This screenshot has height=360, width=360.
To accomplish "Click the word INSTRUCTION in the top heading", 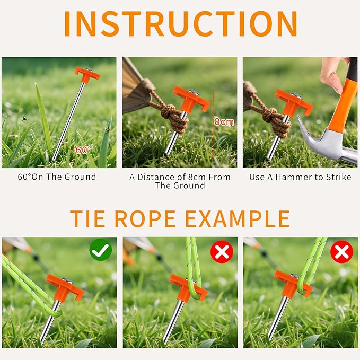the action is coord(180,24).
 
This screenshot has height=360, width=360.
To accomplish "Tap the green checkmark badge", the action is coord(101,250).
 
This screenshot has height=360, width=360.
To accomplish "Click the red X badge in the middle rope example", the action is coord(222,252).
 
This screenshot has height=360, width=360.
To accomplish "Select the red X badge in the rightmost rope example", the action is coord(341,251).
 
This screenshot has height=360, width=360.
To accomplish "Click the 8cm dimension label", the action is coord(224,121).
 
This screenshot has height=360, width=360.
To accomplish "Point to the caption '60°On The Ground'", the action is coord(57,177).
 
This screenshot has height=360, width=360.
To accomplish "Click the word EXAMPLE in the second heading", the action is coord(237,218).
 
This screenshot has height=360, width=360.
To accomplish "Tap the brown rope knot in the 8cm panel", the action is coord(173,118).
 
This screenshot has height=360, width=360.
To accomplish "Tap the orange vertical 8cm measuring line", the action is coord(213,123).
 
